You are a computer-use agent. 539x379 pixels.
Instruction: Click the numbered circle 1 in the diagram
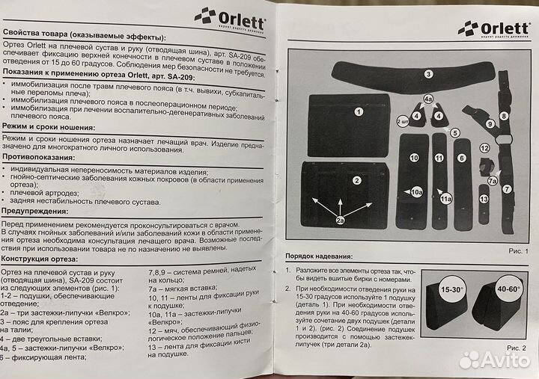(x=359, y=112)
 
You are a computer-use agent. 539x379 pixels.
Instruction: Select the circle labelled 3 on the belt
(x=428, y=74)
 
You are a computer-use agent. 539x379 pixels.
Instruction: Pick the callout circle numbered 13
(x=484, y=199)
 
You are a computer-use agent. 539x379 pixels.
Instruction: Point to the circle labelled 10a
(x=417, y=192)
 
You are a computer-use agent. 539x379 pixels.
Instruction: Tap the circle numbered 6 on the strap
(x=462, y=158)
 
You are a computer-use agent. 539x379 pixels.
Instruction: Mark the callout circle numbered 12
(x=484, y=148)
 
